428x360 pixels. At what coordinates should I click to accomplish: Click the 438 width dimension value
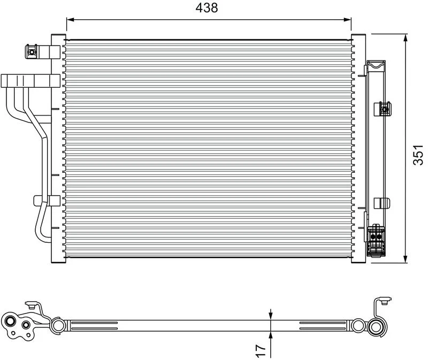tap(207, 8)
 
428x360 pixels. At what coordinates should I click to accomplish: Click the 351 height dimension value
tap(418, 155)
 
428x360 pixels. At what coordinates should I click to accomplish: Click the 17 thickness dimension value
tap(261, 350)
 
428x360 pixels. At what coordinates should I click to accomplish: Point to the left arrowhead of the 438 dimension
tap(70, 20)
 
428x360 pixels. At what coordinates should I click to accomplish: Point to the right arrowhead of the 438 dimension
tap(347, 20)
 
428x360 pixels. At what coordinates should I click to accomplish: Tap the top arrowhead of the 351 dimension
tap(406, 37)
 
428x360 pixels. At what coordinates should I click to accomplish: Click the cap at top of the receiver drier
tap(376, 65)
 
